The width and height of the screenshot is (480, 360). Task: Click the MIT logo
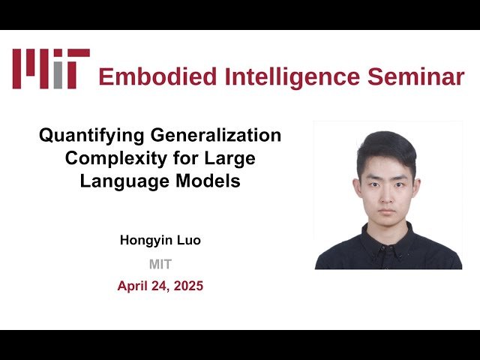coord(50,68)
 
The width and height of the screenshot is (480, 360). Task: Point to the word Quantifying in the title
coord(82,136)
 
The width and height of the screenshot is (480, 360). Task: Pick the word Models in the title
coord(210,181)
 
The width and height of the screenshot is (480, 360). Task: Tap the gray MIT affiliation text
coord(160,264)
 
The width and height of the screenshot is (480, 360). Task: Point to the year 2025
coord(187,286)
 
